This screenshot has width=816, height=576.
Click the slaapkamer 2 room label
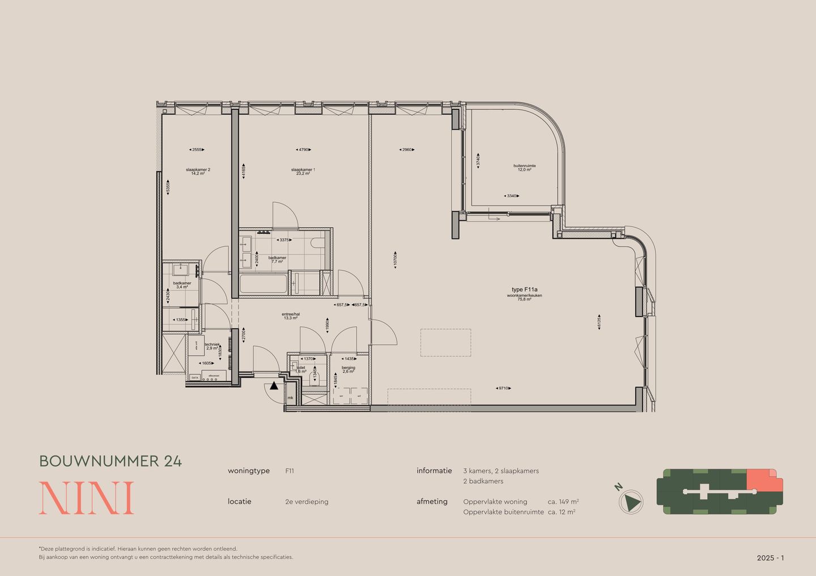point(198,171)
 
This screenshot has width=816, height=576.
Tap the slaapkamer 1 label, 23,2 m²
point(303,171)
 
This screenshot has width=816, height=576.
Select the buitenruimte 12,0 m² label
point(524,168)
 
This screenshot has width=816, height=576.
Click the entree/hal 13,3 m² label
point(290,316)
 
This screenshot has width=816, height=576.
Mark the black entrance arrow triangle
point(274,386)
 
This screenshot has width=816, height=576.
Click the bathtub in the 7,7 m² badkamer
point(263,284)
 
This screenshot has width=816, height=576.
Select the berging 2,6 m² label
point(348,369)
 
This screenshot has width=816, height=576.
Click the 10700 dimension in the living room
point(396,261)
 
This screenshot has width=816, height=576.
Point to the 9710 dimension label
point(503,388)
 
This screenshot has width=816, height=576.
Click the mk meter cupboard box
point(291,398)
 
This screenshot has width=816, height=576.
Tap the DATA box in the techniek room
point(195,377)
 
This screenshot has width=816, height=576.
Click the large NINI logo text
point(87,498)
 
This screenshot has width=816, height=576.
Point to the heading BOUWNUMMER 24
point(110,461)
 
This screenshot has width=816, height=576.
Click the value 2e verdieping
point(307,502)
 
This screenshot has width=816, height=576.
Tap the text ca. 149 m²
point(563,502)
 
